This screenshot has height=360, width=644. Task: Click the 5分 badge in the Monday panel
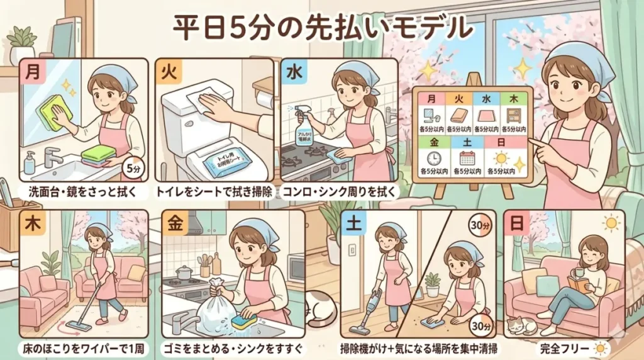[133, 169]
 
